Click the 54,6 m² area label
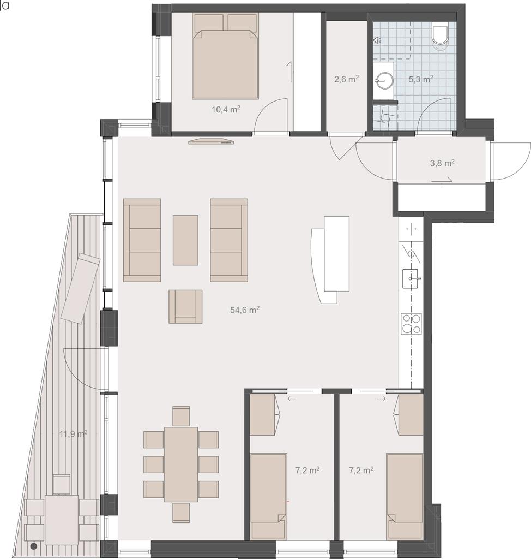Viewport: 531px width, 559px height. (245, 310)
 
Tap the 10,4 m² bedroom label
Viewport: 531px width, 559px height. (226, 109)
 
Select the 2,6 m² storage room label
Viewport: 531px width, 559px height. (346, 79)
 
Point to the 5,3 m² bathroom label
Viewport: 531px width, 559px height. (420, 79)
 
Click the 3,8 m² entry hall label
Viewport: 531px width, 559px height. (442, 163)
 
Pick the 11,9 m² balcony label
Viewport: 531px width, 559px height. (74, 434)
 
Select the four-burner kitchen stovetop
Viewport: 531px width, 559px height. (412, 324)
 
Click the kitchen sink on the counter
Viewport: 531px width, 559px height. (412, 278)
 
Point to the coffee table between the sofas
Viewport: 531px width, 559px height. (185, 240)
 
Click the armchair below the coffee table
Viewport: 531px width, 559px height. (185, 307)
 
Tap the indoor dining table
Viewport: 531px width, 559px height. (181, 464)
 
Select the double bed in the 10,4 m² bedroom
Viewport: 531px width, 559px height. (225, 56)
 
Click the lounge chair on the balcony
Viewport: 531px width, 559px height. (81, 288)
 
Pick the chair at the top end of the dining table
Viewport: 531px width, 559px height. (181, 416)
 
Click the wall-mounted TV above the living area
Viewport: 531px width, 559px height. (211, 142)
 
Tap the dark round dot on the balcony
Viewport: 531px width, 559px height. (34, 546)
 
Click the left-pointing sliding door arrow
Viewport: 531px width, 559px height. (292, 399)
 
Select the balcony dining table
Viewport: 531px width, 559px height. (62, 520)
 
